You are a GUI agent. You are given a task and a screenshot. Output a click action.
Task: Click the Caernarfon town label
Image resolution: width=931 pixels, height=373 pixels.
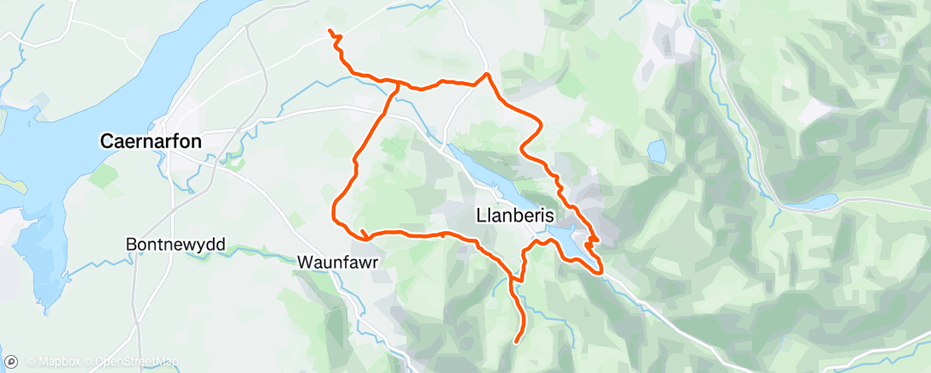click(151, 141)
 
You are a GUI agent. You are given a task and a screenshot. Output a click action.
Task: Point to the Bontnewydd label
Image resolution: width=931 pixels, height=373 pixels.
click(175, 245)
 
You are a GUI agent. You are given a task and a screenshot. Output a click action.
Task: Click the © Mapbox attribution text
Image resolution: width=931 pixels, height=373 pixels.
click(54, 361)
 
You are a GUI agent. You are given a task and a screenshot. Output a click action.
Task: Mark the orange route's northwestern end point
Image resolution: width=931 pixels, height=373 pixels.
click(329, 31)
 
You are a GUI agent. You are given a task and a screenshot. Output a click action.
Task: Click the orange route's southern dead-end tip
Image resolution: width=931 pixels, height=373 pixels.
click(516, 342)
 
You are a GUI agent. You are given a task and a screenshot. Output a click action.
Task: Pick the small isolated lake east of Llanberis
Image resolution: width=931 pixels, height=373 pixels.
click(656, 152)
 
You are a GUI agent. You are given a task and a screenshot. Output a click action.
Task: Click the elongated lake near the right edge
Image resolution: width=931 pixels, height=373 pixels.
click(809, 204)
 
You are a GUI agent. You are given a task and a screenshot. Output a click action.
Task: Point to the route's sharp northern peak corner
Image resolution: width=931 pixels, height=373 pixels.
click(487, 74)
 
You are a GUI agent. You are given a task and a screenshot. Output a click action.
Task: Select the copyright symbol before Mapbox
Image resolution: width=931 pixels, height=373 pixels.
click(31, 361)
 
